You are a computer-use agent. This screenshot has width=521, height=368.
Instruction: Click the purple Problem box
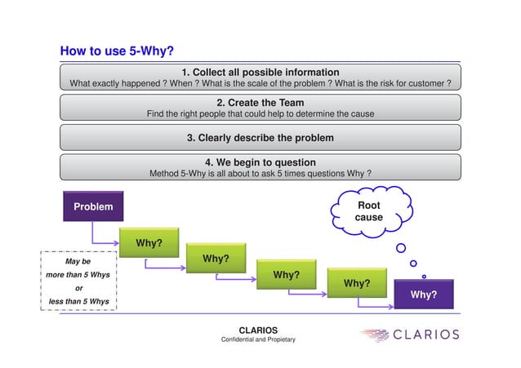(x=93, y=207)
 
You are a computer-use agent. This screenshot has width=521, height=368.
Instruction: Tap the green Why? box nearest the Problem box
(x=149, y=243)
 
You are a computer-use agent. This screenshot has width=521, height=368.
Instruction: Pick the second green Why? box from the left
(x=216, y=259)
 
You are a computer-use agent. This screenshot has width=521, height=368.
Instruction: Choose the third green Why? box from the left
(x=286, y=275)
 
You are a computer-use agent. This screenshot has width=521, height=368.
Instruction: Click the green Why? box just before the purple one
(x=357, y=283)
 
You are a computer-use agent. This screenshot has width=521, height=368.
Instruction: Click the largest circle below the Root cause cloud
(x=401, y=248)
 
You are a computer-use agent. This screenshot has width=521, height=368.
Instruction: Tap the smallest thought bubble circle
(x=423, y=276)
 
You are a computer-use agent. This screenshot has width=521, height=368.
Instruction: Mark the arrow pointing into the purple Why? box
(x=376, y=306)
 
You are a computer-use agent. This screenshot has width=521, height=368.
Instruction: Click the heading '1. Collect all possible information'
(x=260, y=72)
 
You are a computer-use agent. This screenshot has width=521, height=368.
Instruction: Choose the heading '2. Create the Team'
(x=260, y=103)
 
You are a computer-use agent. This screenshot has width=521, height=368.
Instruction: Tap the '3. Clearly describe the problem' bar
(x=260, y=137)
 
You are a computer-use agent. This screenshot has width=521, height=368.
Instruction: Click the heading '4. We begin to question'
(x=260, y=162)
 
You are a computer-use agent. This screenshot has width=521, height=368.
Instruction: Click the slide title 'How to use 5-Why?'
(x=117, y=51)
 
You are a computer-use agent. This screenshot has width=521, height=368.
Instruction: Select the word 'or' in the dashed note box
(x=78, y=288)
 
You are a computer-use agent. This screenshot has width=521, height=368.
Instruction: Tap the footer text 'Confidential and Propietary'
(x=258, y=339)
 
